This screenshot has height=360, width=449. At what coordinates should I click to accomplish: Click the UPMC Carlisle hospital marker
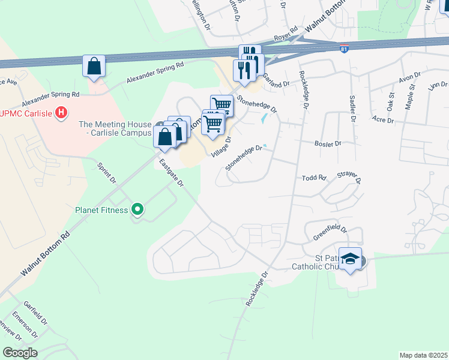[x=61, y=112]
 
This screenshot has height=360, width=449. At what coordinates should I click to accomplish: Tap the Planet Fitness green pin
[x=137, y=210]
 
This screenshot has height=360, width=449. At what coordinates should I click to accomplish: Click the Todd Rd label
[x=313, y=178]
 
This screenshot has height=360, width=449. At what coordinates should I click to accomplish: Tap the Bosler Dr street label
[x=328, y=144]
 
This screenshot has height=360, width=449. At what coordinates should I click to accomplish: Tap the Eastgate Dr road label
[x=171, y=173]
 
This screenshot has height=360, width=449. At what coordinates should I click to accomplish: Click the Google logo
[x=20, y=353]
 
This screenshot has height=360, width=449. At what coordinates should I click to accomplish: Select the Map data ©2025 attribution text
[x=423, y=355]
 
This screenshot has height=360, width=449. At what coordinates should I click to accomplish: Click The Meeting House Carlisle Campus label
[x=115, y=128]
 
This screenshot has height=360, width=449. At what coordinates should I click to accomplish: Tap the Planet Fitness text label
[x=101, y=210]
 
